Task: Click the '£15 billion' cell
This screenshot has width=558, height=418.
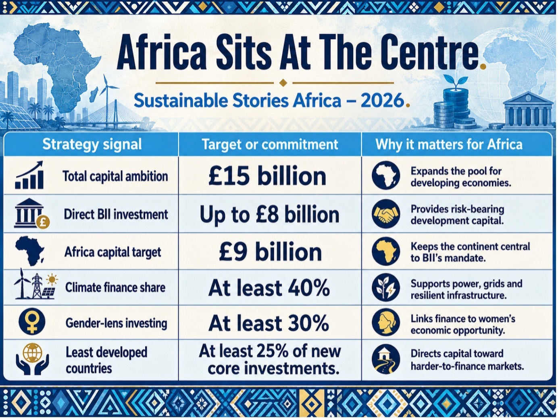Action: (x=267, y=176)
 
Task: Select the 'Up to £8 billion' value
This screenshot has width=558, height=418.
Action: (x=269, y=215)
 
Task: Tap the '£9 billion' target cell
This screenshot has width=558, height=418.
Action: (x=270, y=252)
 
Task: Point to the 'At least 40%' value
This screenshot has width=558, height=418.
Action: (x=269, y=288)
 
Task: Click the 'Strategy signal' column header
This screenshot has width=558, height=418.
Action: (x=92, y=145)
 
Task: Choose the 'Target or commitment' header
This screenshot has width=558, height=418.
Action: (x=270, y=145)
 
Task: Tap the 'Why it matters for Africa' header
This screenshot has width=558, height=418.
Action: (x=449, y=145)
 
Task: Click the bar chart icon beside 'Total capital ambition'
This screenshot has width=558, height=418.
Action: (x=29, y=175)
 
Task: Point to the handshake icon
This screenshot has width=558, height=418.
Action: (x=386, y=214)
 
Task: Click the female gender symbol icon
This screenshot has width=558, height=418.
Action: (x=32, y=322)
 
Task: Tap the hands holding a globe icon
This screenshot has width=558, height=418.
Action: (x=32, y=359)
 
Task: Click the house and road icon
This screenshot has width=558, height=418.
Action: (x=386, y=359)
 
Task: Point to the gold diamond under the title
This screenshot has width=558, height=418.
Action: (x=283, y=83)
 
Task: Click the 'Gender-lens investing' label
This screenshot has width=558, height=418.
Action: (x=116, y=323)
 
